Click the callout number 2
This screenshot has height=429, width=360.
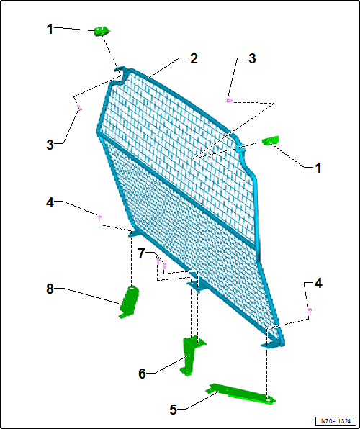tap(194, 59)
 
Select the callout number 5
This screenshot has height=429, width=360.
tap(174, 410)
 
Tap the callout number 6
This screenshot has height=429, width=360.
tap(142, 374)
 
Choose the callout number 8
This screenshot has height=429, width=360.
tap(50, 289)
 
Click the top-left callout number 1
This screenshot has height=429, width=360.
tap(50, 29)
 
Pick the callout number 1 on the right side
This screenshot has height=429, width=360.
tap(318, 168)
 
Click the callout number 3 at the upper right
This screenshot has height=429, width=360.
tap(251, 58)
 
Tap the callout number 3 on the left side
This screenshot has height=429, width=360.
tap(50, 145)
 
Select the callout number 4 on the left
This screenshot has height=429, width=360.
tap(50, 203)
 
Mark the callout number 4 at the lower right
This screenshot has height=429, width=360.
tap(318, 284)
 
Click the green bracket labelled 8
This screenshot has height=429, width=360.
tap(129, 302)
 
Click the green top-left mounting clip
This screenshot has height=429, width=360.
tap(102, 31)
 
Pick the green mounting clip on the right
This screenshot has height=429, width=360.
tap(271, 140)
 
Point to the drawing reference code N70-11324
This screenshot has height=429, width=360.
tap(336, 420)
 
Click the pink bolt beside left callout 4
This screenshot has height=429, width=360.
tap(99, 218)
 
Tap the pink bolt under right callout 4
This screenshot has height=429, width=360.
tap(310, 310)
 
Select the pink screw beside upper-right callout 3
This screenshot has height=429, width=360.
tap(229, 100)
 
